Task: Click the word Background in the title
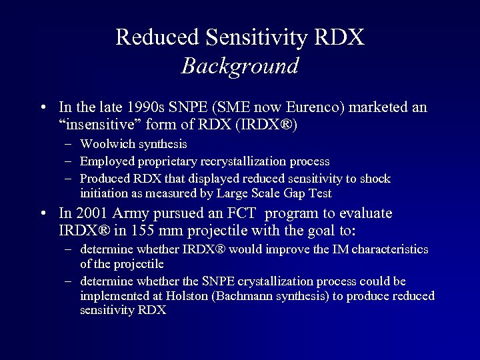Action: click(240, 66)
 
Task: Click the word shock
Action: click(377, 179)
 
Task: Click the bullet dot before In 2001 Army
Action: click(43, 214)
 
